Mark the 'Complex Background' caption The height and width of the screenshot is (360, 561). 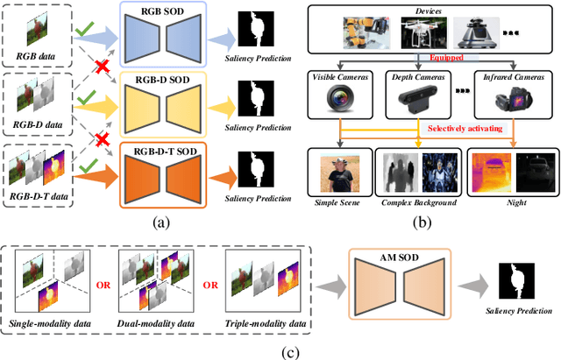pyautogui.click(x=420, y=201)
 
